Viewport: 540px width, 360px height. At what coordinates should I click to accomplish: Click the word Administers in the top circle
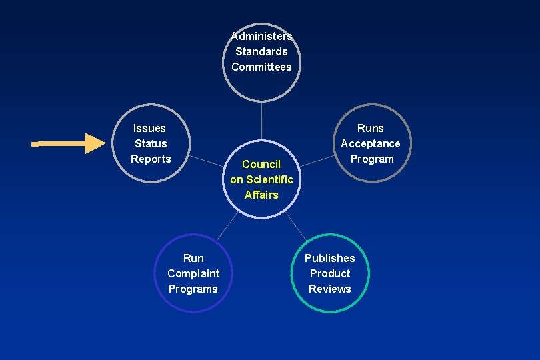[261, 36]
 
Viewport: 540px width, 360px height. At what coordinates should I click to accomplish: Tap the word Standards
[261, 51]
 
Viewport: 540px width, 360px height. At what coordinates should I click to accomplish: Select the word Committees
[261, 67]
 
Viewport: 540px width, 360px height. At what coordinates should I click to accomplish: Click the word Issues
[149, 128]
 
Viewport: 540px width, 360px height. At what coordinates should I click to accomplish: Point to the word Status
[151, 143]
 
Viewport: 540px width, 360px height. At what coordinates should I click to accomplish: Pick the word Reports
[151, 159]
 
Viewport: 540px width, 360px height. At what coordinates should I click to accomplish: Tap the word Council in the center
[261, 164]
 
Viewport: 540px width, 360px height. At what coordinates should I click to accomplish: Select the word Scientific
[269, 179]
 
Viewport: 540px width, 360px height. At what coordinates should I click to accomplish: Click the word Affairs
[261, 195]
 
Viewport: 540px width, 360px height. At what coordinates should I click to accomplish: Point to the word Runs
[371, 128]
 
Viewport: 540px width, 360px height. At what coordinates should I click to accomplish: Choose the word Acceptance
[371, 143]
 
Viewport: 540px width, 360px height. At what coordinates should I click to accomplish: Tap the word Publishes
[329, 258]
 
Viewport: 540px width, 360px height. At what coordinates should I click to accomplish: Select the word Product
[330, 273]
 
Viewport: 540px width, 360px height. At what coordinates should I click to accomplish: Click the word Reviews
[329, 289]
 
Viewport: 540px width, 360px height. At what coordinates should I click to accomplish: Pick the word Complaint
[193, 273]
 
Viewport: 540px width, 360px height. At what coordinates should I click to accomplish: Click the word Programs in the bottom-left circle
[193, 289]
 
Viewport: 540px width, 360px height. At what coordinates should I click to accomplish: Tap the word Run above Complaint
[193, 258]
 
